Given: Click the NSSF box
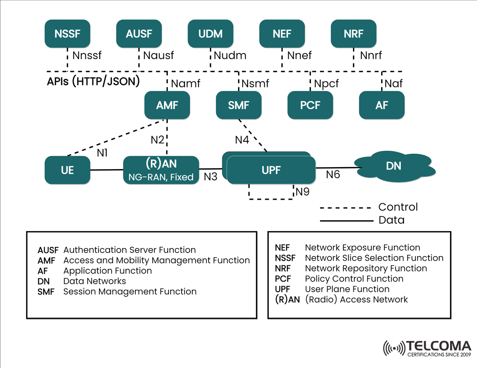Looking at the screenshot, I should pyautogui.click(x=67, y=34).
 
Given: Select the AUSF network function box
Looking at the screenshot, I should pyautogui.click(x=139, y=34).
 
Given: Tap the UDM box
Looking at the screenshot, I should pyautogui.click(x=210, y=34).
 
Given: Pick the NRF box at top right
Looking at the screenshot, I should pyautogui.click(x=353, y=34).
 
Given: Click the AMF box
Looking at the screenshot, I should pyautogui.click(x=167, y=105).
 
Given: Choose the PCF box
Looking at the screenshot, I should pyautogui.click(x=310, y=105).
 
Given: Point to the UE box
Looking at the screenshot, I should pyautogui.click(x=68, y=170).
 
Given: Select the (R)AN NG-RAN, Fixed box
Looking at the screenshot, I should pyautogui.click(x=161, y=170).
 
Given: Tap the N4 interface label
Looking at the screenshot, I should pyautogui.click(x=242, y=140).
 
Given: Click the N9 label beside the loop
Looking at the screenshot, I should pyautogui.click(x=302, y=192).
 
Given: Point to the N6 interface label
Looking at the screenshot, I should pyautogui.click(x=333, y=174).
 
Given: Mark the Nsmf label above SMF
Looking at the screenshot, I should pyautogui.click(x=255, y=84).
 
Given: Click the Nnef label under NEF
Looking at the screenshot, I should pyautogui.click(x=299, y=56).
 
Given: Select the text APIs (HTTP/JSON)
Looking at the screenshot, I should pyautogui.click(x=93, y=81).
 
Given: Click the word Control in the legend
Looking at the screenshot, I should pyautogui.click(x=398, y=207).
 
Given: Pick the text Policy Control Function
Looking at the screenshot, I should pyautogui.click(x=354, y=279).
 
